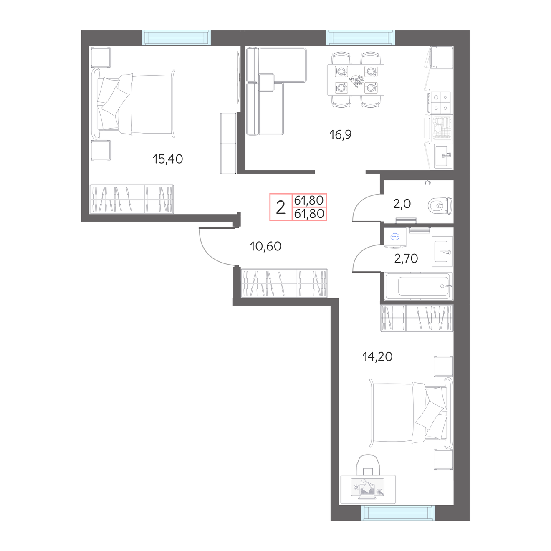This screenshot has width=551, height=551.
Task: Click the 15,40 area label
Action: pyautogui.click(x=168, y=159)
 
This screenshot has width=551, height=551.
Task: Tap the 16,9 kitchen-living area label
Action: pyautogui.click(x=340, y=134)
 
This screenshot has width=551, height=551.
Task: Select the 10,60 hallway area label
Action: pyautogui.click(x=265, y=246)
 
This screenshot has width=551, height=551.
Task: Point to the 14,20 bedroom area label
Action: pyautogui.click(x=377, y=356)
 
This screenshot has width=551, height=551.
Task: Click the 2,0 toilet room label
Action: pyautogui.click(x=402, y=204)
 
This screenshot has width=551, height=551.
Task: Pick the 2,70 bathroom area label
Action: pyautogui.click(x=406, y=258)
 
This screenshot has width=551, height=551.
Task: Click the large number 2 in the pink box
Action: pyautogui.click(x=281, y=207)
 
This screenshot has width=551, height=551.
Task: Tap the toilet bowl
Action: pyautogui.click(x=440, y=205)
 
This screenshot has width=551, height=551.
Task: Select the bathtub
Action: pyautogui.click(x=419, y=286)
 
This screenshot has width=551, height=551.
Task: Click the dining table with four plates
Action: pyautogui.click(x=356, y=80)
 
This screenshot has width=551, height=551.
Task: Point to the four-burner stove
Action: pyautogui.click(x=440, y=103)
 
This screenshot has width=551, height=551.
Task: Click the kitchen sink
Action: pyautogui.click(x=443, y=156)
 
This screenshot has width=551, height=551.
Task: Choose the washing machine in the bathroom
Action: pyautogui.click(x=394, y=237)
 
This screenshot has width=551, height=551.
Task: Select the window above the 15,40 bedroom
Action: pyautogui.click(x=177, y=38)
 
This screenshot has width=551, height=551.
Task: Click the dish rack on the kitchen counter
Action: pyautogui.click(x=442, y=129)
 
